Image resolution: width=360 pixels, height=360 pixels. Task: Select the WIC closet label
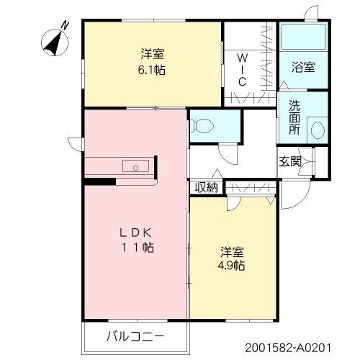coord(243,70)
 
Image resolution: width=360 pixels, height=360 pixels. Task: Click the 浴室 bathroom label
coord(303,68)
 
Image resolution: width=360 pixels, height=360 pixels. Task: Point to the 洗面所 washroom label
coord(295,117)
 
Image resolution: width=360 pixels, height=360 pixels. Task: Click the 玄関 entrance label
coord(290,161)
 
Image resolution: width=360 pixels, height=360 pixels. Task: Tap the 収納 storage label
coord(206,188)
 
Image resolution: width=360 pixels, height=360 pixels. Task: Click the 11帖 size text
coord(137,247)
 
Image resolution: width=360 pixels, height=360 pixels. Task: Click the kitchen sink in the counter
coord(135,166)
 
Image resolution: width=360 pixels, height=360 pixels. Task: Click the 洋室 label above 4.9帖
coord(232,253)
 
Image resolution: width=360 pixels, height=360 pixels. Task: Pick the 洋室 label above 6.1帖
coord(150,54)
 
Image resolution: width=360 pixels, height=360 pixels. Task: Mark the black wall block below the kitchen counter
coord(99,180)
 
